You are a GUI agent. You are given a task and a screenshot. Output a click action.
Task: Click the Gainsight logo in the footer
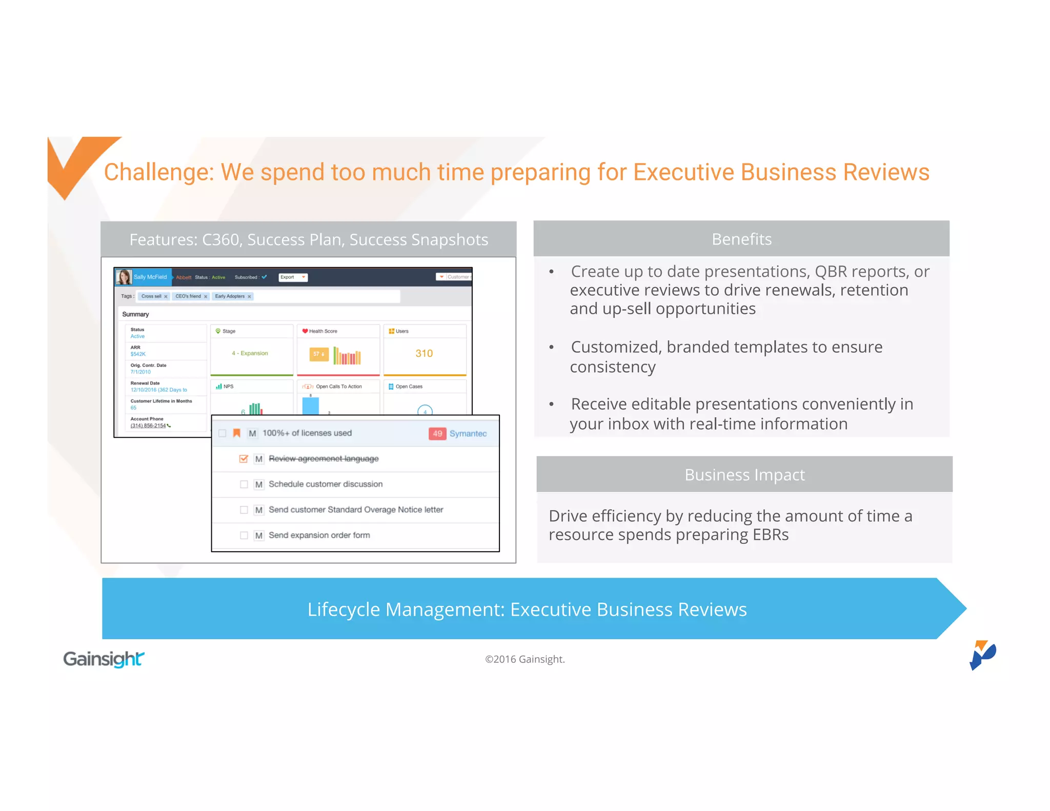point(104,659)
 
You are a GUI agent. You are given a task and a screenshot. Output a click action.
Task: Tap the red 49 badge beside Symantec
point(437,434)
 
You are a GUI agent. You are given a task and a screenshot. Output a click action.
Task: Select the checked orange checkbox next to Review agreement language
point(244,459)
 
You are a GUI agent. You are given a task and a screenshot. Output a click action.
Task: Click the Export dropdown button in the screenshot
point(293,277)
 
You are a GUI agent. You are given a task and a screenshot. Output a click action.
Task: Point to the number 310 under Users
point(424,353)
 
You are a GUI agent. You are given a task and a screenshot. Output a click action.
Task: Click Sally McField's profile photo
point(124,277)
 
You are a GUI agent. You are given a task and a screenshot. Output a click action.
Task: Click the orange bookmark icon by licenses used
point(236,433)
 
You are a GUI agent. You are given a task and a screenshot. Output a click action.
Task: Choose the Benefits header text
point(741,239)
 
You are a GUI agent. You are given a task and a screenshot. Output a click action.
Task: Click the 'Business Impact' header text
point(744,475)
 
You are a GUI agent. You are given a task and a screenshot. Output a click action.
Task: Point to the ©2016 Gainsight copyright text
point(525,659)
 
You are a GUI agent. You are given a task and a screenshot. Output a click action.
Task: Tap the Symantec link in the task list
point(468,434)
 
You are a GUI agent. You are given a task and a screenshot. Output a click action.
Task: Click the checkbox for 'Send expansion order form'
point(244,535)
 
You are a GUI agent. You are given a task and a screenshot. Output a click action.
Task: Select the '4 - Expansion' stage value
point(250,353)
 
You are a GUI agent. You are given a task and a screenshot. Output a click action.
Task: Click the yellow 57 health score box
point(318,354)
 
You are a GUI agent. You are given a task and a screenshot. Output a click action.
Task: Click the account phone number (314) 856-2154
point(148,425)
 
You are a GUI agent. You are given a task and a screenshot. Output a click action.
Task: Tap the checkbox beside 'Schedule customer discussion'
point(244,484)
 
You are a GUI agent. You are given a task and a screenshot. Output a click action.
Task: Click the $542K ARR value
point(138,354)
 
